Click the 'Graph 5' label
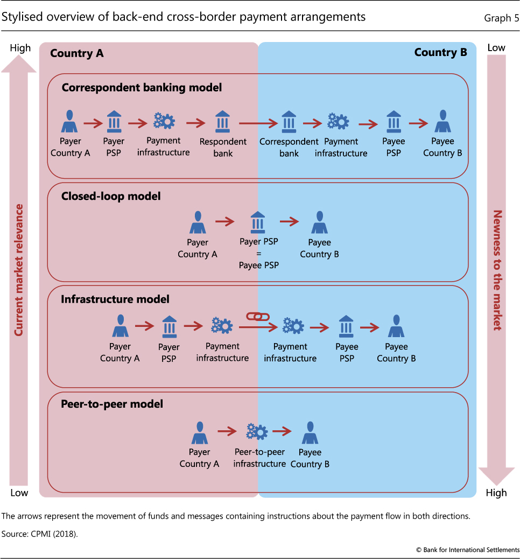[x=501, y=18]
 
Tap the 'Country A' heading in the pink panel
[x=76, y=53]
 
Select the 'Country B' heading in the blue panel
[x=440, y=53]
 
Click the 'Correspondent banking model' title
[x=142, y=87]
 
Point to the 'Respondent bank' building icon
[x=222, y=122]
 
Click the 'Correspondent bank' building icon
[x=289, y=122]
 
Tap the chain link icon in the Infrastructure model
[x=257, y=317]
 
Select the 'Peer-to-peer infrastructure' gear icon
[x=257, y=431]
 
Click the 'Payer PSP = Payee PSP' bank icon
[x=258, y=222]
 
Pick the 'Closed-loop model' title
[x=111, y=197]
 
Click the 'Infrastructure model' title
[x=115, y=299]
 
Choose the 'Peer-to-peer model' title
[x=112, y=403]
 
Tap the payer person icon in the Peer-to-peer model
[x=200, y=433]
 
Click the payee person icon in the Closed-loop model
[x=319, y=222]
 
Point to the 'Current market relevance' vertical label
[x=19, y=269]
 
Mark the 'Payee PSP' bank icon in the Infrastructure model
[x=347, y=327]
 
